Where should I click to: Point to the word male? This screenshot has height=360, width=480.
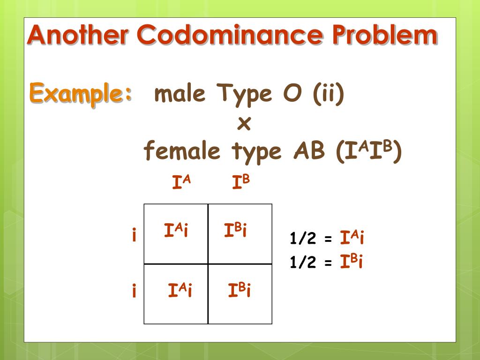[x=180, y=94]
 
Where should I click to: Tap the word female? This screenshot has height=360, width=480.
[x=181, y=151]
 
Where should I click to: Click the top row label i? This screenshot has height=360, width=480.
[x=134, y=234]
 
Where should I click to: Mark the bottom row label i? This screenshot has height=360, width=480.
[x=134, y=292]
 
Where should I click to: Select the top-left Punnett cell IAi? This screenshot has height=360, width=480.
[x=176, y=230]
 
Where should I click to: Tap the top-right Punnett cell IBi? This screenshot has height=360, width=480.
[x=235, y=230]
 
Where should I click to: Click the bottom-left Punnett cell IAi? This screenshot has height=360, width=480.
[x=180, y=291]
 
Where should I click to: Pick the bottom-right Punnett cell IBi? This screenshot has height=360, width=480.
[x=240, y=291]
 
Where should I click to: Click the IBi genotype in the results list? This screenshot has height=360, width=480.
[x=352, y=262]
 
